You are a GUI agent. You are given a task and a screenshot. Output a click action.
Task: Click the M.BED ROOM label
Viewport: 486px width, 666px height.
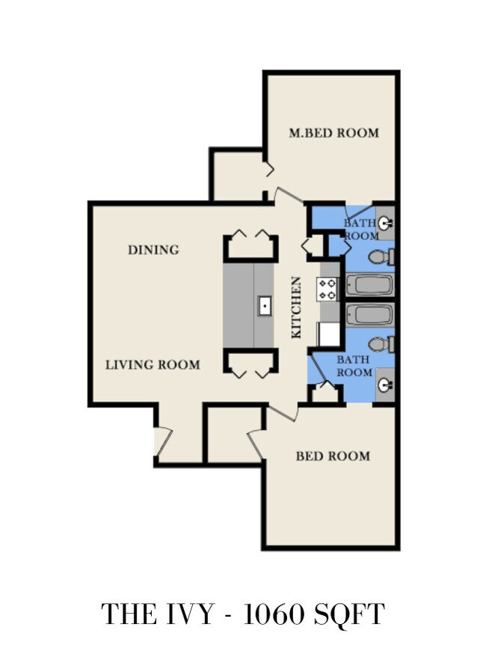point(333,133)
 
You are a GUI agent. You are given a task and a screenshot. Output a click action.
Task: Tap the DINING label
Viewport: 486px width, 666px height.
point(154,250)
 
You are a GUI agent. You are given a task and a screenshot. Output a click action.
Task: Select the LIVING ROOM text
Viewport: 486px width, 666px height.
point(153,365)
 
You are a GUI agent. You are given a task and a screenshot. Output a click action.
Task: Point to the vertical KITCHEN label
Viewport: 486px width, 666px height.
point(296,308)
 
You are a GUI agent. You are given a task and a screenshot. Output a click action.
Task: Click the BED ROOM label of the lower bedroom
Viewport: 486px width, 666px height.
point(333,456)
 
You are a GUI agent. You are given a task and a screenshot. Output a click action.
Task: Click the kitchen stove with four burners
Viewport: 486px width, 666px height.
point(327,289)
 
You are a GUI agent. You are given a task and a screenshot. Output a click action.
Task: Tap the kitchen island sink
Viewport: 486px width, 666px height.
point(265,306)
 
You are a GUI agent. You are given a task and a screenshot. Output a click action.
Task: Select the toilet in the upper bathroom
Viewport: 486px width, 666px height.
point(381,257)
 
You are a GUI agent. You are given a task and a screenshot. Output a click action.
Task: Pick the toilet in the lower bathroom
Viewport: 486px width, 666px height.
point(381,343)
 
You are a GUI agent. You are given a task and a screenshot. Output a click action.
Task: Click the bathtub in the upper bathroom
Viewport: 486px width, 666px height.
point(370,284)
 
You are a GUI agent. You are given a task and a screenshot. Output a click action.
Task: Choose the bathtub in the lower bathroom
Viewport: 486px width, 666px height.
point(370,315)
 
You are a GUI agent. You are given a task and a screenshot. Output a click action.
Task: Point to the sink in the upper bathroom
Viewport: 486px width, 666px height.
point(386,222)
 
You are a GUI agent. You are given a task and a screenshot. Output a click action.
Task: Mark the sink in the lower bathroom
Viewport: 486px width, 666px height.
point(386,385)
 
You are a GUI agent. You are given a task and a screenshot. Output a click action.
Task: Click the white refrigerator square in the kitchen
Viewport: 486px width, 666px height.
point(330,334)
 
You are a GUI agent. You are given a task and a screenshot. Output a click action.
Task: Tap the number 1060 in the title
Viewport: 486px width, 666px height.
point(274,614)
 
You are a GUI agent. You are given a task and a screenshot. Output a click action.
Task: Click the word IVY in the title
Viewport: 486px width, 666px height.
point(189,614)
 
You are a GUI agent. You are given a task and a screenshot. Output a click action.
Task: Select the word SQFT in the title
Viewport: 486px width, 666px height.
point(349,614)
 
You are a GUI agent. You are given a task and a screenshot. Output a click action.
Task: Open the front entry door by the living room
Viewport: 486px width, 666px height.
point(163,442)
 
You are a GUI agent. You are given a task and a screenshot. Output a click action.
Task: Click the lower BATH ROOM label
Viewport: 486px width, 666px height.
point(354,366)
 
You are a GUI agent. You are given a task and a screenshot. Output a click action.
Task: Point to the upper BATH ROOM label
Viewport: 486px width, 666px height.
point(362,229)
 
